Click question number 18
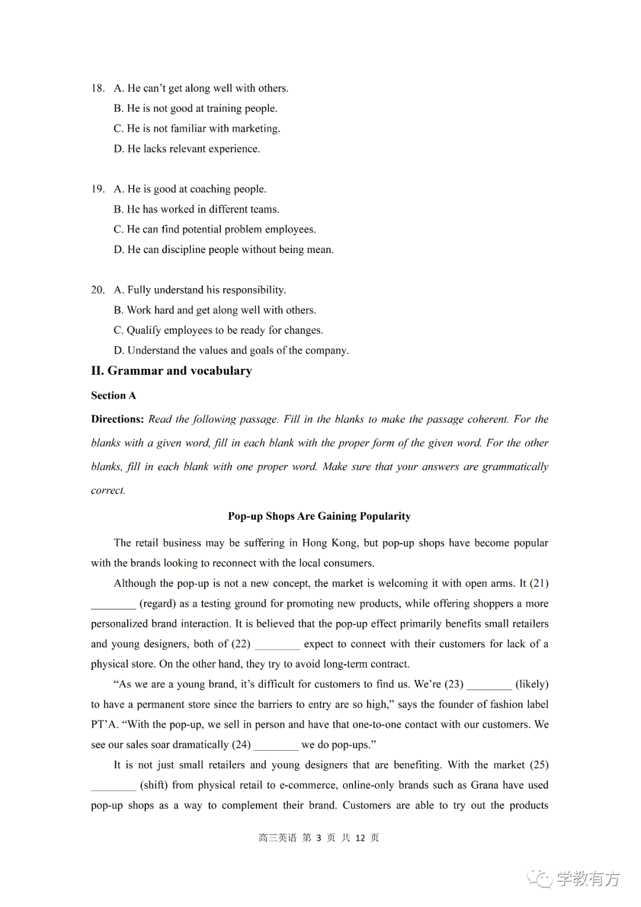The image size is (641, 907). (98, 89)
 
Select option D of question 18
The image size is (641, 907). (186, 149)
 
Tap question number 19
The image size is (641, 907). (98, 189)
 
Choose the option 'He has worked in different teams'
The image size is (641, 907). (196, 210)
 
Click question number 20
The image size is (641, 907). (98, 290)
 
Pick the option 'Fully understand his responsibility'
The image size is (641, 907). (199, 290)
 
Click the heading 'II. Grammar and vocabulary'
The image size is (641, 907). (171, 371)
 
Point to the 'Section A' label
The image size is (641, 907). (113, 396)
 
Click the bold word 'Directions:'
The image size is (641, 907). (118, 419)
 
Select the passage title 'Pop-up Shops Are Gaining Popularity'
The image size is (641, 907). (319, 516)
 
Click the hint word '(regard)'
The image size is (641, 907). (158, 604)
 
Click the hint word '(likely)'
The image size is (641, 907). (532, 684)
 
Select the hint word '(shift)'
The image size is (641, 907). (154, 785)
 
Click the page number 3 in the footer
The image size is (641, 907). (319, 838)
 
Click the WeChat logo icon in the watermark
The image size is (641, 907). (540, 878)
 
